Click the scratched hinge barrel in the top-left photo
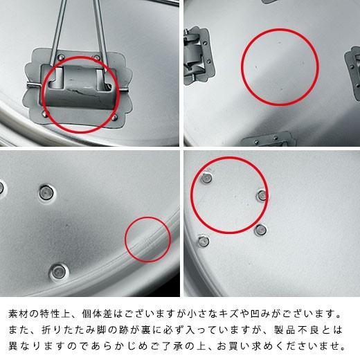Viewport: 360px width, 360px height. pyautogui.click(x=77, y=84)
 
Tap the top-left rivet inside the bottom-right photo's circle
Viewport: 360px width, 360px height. pyautogui.click(x=206, y=179)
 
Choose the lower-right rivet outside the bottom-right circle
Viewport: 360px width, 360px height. pyautogui.click(x=260, y=229)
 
